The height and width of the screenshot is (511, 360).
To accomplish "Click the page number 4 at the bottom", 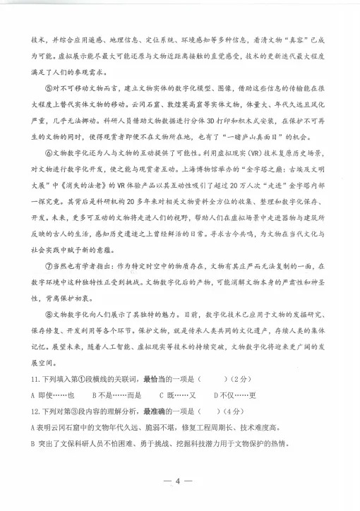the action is pos(179,481).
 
